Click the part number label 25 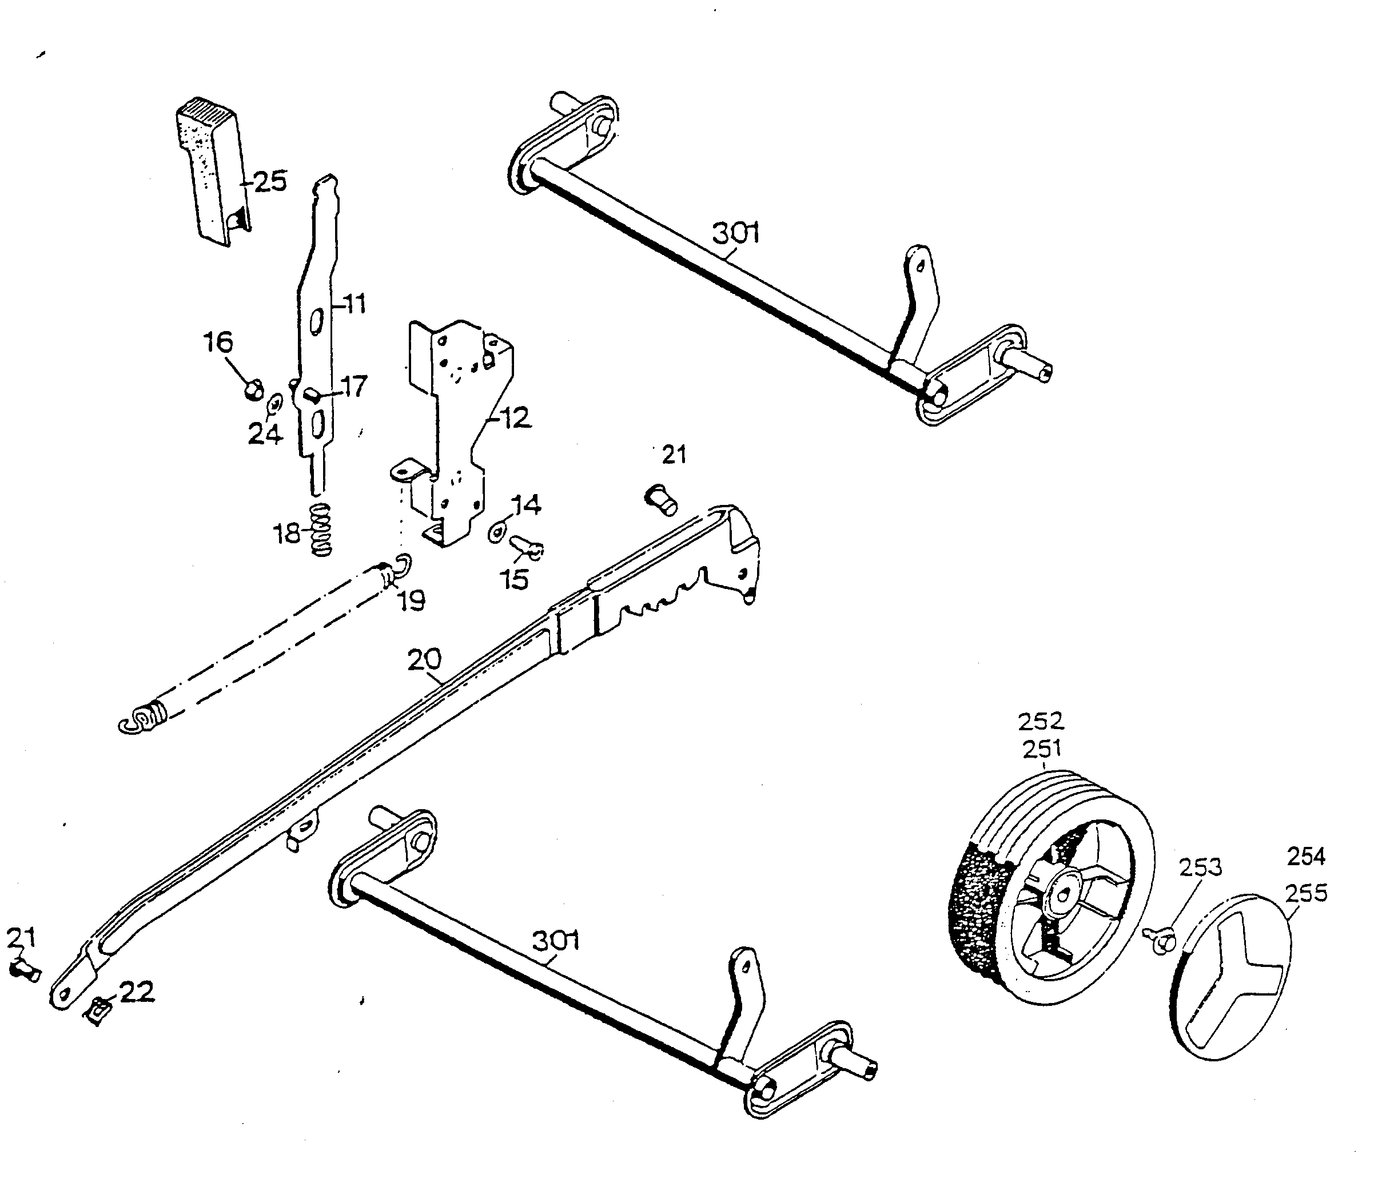click(270, 181)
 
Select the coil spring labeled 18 click(321, 530)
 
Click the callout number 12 click(514, 418)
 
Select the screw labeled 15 click(528, 548)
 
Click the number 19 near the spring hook click(411, 601)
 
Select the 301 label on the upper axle click(736, 233)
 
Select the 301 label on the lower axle click(556, 941)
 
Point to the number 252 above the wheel click(1041, 722)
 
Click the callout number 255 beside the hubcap click(1306, 893)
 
